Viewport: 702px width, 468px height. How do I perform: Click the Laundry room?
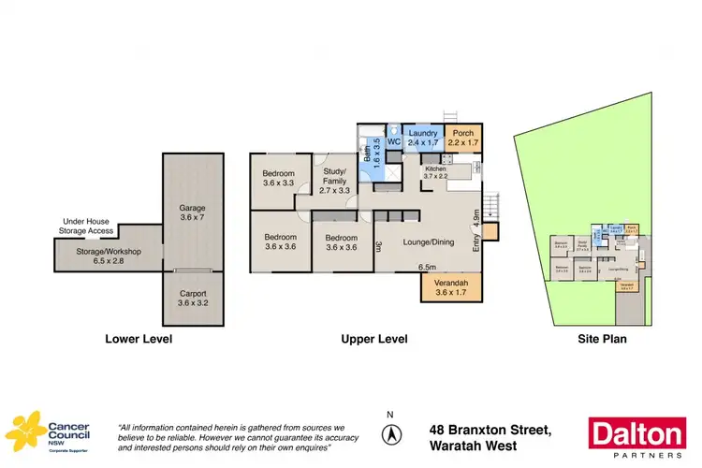tap(422, 139)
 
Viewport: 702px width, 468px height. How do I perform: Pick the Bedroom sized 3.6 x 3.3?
tap(279, 178)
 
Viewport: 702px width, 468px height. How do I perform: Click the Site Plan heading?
tap(601, 339)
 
